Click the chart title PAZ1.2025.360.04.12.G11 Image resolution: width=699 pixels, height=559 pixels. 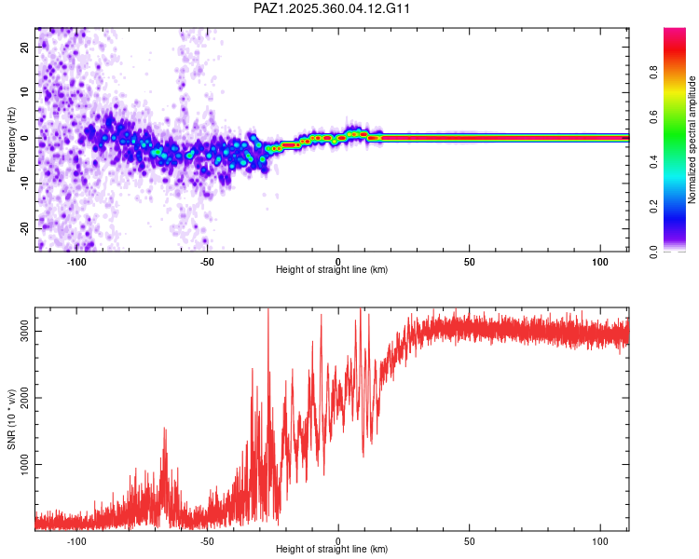tap(333, 8)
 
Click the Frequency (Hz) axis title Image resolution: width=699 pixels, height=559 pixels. tap(11, 140)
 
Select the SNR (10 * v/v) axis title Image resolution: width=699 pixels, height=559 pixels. tap(11, 419)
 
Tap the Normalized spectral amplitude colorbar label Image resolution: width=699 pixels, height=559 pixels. tap(692, 140)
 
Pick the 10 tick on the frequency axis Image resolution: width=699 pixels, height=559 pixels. tap(26, 92)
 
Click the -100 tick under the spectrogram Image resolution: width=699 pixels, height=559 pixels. tap(76, 262)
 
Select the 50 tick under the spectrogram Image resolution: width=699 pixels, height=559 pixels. tap(471, 262)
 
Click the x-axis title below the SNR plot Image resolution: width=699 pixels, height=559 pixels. tap(333, 550)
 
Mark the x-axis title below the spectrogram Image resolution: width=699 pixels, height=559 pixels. tap(333, 270)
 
